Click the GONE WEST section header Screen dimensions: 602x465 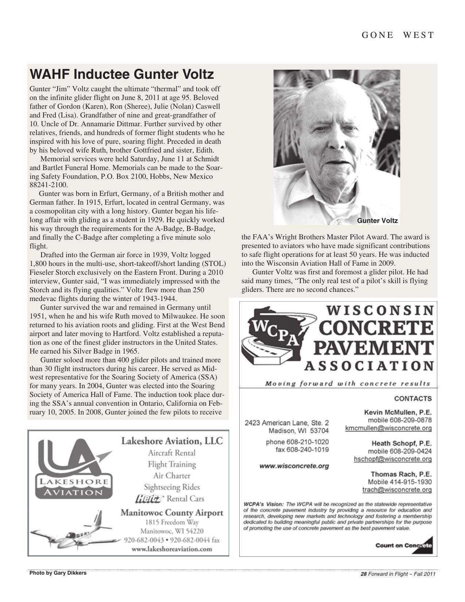398,35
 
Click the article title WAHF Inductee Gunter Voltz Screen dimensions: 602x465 121,74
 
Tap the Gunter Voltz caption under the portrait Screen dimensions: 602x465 377,221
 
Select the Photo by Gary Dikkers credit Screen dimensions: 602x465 58,573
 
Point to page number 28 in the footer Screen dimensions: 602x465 363,574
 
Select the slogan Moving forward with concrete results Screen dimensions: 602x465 347,383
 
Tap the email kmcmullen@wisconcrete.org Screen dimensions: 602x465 388,428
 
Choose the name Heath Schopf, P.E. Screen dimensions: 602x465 402,443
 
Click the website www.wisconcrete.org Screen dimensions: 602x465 294,466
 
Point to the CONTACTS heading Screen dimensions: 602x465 413,398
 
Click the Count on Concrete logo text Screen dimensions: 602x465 403,545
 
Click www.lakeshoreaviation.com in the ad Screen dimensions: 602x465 172,549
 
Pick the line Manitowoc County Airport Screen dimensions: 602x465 172,513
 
